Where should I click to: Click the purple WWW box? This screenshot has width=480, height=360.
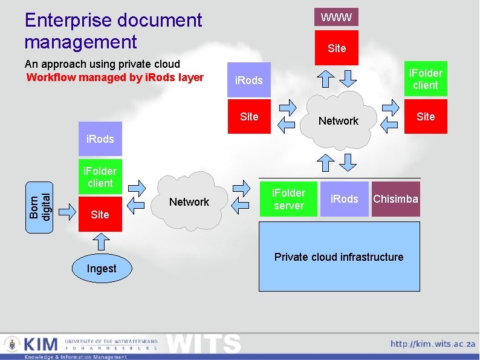[336, 17]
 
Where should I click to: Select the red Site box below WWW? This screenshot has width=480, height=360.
[336, 48]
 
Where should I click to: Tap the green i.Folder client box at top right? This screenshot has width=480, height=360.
[426, 79]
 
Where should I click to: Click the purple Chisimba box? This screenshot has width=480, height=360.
[395, 199]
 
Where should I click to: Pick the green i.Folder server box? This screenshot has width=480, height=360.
[289, 199]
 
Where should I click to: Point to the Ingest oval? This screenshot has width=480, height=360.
[102, 269]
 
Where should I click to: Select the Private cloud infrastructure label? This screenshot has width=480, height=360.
[339, 257]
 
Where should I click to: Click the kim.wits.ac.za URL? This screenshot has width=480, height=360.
[432, 344]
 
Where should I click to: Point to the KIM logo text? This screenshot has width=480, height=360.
[41, 345]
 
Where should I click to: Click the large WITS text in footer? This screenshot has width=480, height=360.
[203, 344]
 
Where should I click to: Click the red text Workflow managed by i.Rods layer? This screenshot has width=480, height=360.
[115, 77]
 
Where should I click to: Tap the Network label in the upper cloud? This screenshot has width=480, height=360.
[339, 121]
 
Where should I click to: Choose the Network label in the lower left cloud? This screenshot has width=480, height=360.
[189, 202]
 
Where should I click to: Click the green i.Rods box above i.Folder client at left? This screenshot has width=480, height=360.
[100, 139]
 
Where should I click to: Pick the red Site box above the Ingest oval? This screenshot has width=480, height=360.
[100, 214]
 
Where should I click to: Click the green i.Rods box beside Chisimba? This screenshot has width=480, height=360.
[345, 199]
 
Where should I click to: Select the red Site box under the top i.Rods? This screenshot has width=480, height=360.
[249, 117]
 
